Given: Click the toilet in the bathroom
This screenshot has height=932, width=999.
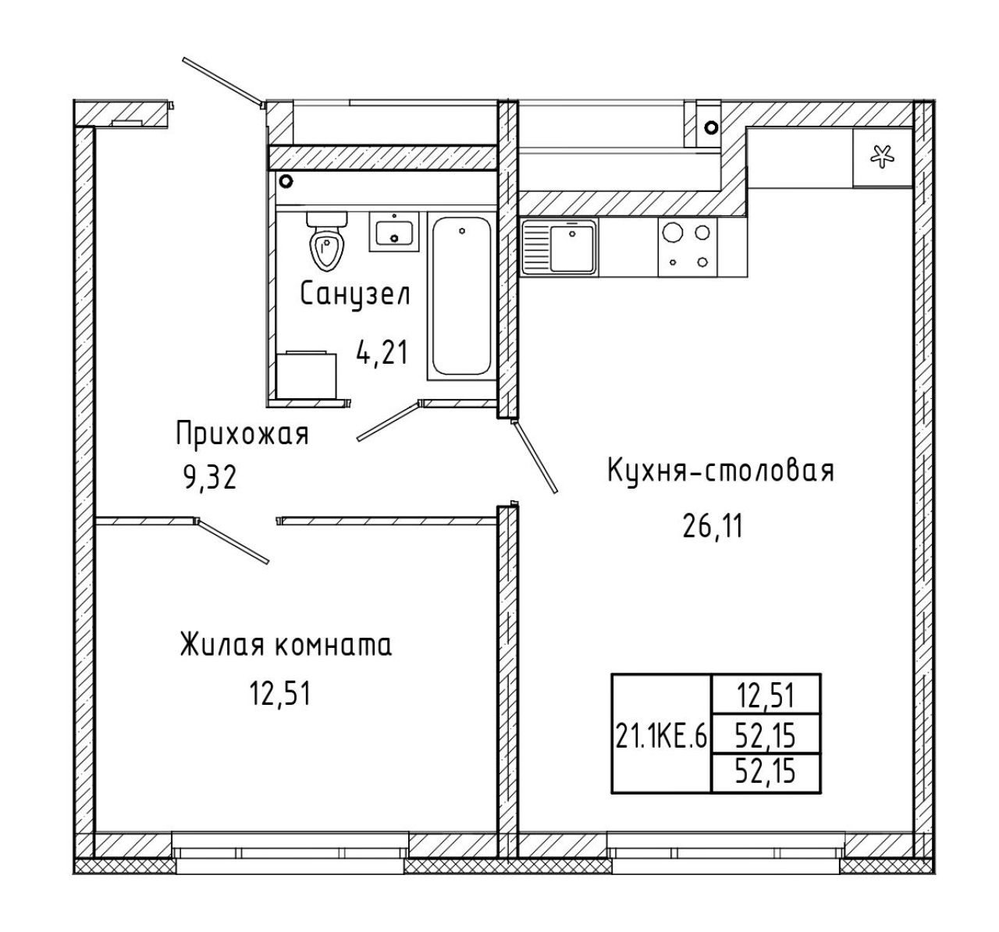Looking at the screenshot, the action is [x=326, y=241].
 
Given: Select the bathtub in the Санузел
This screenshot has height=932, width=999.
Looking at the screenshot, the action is [x=461, y=295].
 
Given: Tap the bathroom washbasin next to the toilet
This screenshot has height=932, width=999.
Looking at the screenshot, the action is [x=394, y=232].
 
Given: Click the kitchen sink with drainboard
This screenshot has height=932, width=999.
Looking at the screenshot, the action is [x=560, y=247].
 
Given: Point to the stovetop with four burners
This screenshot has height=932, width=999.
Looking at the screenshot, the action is [x=688, y=247].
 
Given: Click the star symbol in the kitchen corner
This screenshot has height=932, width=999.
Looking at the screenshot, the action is [x=883, y=157].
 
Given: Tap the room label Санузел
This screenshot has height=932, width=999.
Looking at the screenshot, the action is [x=355, y=294].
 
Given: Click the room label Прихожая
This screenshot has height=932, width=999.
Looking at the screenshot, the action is [x=242, y=434].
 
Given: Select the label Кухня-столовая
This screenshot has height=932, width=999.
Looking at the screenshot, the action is [x=721, y=471].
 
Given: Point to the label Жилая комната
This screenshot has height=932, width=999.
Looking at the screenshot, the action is [x=286, y=646].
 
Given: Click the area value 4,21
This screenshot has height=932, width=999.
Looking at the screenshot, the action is [x=382, y=353].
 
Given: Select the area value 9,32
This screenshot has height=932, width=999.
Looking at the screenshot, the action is [x=210, y=478].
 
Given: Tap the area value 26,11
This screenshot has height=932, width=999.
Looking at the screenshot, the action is [x=713, y=527].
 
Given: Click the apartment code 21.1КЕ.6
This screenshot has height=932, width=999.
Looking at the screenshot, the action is [x=661, y=738].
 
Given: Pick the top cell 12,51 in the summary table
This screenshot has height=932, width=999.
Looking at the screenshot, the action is [x=766, y=697].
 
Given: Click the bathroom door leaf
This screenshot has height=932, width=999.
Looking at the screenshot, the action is [x=389, y=422].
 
